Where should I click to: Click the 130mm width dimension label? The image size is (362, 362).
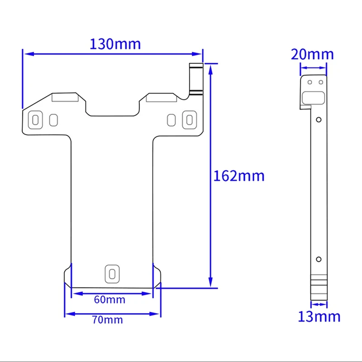pyautogui.click(x=115, y=44)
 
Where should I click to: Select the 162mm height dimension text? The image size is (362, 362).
pyautogui.click(x=238, y=176)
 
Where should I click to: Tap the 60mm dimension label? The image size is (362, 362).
pyautogui.click(x=110, y=299)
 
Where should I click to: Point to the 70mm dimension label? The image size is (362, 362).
pyautogui.click(x=108, y=320)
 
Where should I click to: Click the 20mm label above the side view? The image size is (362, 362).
pyautogui.click(x=312, y=54)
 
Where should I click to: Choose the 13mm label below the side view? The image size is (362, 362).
pyautogui.click(x=319, y=316)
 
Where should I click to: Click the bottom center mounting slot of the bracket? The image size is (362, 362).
pyautogui.click(x=111, y=273)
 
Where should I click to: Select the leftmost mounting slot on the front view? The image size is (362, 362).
pyautogui.click(x=35, y=119)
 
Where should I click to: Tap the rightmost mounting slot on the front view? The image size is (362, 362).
pyautogui.click(x=189, y=119)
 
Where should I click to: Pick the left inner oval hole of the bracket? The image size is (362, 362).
pyautogui.click(x=53, y=120)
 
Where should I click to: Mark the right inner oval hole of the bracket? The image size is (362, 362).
pyautogui.click(x=171, y=120)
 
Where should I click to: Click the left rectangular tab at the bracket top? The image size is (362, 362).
pyautogui.click(x=65, y=97)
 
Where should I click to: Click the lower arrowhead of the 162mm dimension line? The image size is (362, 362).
pyautogui.click(x=210, y=283)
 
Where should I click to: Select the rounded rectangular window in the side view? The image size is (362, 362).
pyautogui.click(x=313, y=96)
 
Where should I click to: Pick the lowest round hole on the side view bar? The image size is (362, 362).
pyautogui.click(x=319, y=259)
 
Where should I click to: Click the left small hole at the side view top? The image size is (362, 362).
pyautogui.click(x=310, y=82)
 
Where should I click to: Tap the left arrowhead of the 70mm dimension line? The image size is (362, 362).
pyautogui.click(x=68, y=313)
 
